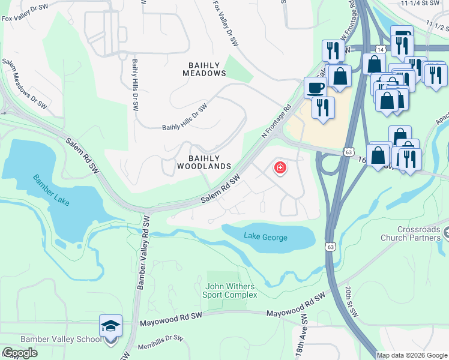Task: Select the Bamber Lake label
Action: [51, 189]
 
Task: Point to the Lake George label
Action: [265, 237]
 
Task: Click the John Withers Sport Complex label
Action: [231, 290]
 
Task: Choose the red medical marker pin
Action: [280, 168]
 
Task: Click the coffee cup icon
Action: [315, 88]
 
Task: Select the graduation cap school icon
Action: [110, 325]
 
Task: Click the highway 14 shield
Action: [381, 49]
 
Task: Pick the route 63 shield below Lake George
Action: [330, 247]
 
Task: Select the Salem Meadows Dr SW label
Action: [25, 83]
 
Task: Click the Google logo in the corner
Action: [20, 353]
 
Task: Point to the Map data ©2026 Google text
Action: [412, 355]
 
